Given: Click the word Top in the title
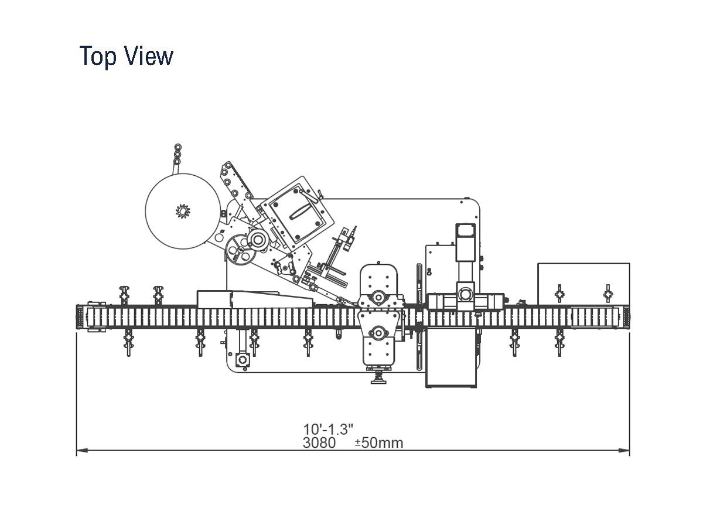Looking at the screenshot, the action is (98, 56).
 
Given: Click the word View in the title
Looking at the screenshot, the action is (149, 56).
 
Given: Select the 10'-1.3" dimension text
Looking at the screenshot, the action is (328, 429).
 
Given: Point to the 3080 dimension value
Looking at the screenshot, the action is (319, 442).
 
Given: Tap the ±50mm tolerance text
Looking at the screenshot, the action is (379, 443).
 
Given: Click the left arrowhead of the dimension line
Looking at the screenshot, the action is (82, 451).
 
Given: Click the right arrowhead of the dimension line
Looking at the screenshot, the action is (624, 451).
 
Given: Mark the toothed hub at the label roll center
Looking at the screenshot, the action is (183, 211).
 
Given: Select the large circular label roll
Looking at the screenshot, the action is (183, 212).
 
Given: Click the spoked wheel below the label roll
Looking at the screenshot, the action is (240, 250).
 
